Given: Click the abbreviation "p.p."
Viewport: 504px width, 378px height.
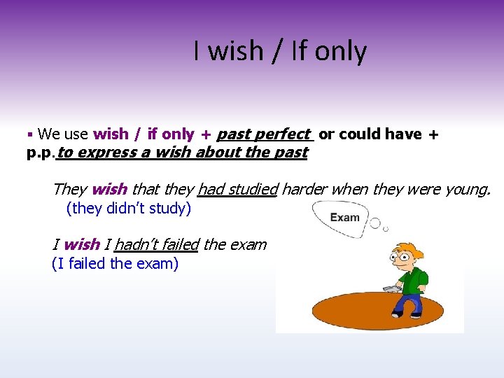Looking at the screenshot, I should [41, 152].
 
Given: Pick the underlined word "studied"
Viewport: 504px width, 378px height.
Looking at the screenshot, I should [251, 188].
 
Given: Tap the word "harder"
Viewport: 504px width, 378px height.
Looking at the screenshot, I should [305, 188].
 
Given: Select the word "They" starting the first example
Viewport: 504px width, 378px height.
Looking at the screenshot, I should [69, 188].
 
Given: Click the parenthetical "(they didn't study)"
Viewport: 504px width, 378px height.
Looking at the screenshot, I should [128, 208].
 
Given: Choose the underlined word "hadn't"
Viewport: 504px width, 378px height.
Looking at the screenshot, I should [136, 244].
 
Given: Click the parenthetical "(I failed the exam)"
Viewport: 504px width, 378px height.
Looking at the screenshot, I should [115, 263].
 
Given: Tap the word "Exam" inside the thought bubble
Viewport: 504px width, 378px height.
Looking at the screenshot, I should [344, 218].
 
